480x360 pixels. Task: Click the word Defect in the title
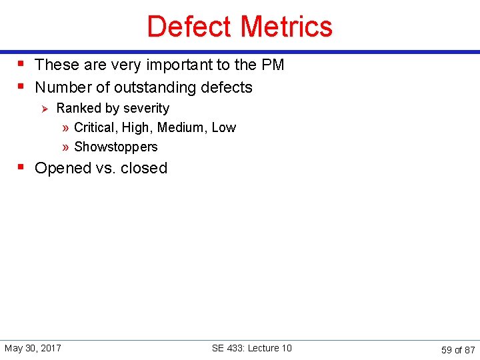click(x=190, y=27)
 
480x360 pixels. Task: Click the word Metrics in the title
click(x=287, y=27)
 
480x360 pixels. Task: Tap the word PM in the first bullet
click(x=273, y=65)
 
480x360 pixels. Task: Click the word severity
click(x=147, y=108)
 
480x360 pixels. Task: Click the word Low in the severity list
click(x=224, y=127)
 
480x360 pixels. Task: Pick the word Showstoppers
click(x=116, y=147)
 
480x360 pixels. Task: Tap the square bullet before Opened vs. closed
click(x=22, y=167)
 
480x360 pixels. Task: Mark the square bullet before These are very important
click(x=22, y=63)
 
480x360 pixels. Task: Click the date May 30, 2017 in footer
click(x=33, y=348)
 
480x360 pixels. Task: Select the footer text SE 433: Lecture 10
click(x=251, y=348)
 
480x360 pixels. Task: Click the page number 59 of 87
click(x=458, y=349)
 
